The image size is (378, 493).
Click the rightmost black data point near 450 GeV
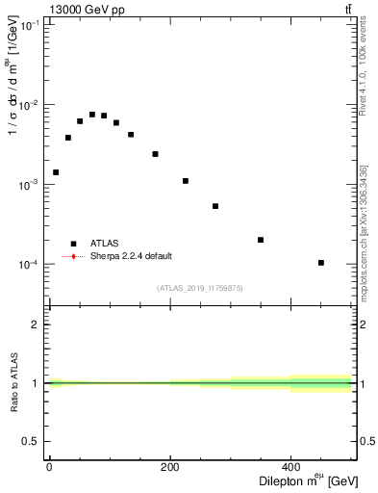(x=321, y=262)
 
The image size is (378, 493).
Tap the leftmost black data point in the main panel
(x=56, y=172)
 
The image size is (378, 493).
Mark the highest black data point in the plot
(x=92, y=115)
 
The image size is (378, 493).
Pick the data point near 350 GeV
(x=261, y=240)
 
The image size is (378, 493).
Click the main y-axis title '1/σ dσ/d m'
(x=13, y=87)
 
